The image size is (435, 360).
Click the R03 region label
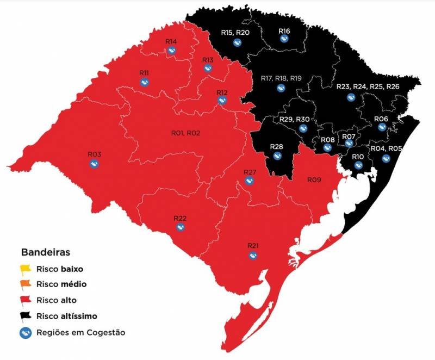point(95,154)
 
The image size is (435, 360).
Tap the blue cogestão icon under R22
point(181,228)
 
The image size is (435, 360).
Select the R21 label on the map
point(253,246)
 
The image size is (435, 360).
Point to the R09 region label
point(314,180)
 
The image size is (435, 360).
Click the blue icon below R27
point(249,181)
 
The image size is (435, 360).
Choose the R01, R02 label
point(186,133)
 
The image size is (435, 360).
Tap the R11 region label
point(144,73)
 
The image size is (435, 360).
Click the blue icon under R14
point(172,51)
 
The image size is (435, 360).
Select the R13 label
point(208,60)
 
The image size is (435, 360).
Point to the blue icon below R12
point(222,101)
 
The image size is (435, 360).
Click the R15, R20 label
point(235,33)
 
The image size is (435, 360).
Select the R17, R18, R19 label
point(281,78)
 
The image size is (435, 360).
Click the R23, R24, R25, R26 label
point(368,87)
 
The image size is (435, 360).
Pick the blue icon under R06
point(381,128)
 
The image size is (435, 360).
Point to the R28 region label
point(277,147)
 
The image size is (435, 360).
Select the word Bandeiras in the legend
point(45,253)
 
